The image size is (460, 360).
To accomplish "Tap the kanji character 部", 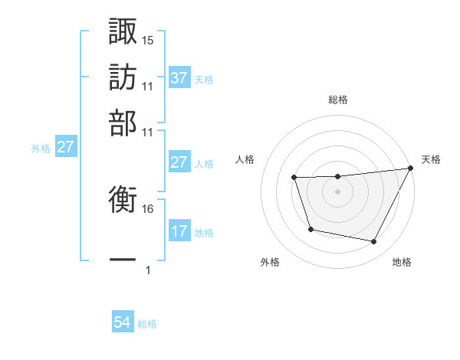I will click(x=123, y=123).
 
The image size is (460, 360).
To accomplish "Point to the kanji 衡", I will click(x=123, y=201).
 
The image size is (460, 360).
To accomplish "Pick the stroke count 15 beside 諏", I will click(x=148, y=40).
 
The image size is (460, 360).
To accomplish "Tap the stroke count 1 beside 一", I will click(x=148, y=270).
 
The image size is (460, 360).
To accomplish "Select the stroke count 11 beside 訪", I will click(x=148, y=86).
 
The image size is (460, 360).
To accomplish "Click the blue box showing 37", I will click(x=179, y=78).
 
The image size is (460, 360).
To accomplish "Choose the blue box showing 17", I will click(x=179, y=231).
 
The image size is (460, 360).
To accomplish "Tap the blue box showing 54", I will click(x=123, y=323).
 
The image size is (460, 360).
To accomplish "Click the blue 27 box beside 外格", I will click(x=65, y=147).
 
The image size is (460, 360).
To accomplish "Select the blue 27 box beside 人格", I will click(x=179, y=162).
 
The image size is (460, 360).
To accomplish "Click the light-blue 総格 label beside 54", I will click(x=147, y=324).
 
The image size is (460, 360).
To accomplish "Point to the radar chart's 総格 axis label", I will click(x=337, y=100).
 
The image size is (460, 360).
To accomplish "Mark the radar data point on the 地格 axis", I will click(x=373, y=242).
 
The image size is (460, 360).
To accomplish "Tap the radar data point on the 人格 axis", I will click(x=294, y=178).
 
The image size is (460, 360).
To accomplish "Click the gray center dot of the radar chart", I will click(x=337, y=191).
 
